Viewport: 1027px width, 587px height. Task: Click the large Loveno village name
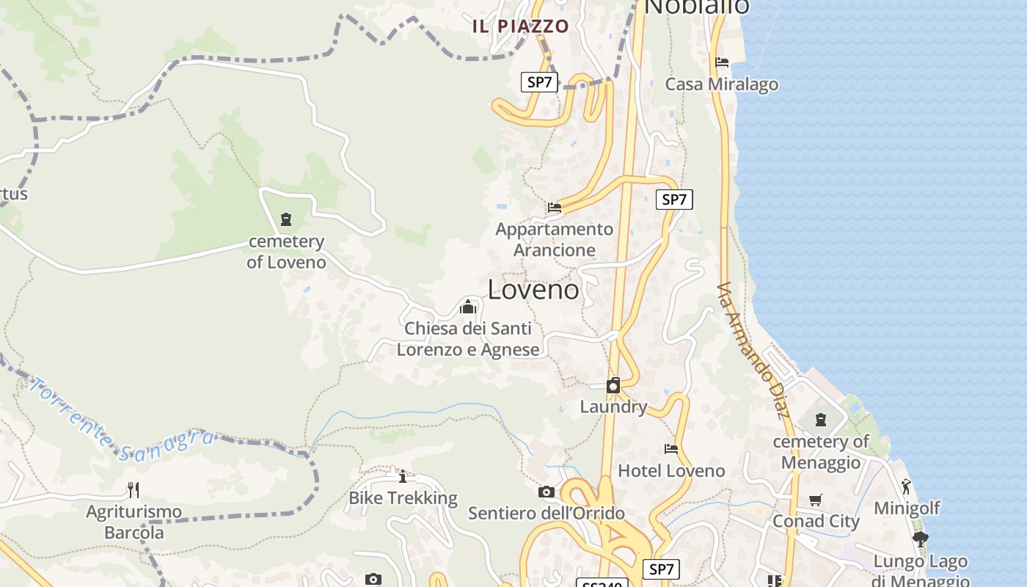pyautogui.click(x=533, y=290)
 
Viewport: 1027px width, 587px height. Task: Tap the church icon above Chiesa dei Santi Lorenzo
pyautogui.click(x=468, y=307)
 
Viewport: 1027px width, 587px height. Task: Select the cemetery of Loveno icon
pyautogui.click(x=285, y=219)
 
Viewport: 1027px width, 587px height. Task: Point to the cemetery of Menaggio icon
pyautogui.click(x=820, y=420)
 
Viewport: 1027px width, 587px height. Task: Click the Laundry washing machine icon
pyautogui.click(x=613, y=385)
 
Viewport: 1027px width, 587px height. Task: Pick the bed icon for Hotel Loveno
pyautogui.click(x=670, y=448)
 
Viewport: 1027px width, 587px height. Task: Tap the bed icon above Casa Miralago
pyautogui.click(x=722, y=62)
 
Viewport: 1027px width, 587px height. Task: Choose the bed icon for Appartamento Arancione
pyautogui.click(x=555, y=208)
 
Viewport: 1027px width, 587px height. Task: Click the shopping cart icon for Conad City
pyautogui.click(x=815, y=500)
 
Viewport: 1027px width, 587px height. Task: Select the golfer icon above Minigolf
pyautogui.click(x=907, y=486)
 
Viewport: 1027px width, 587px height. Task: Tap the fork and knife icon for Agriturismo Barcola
pyautogui.click(x=134, y=489)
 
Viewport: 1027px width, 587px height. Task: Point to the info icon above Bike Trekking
pyautogui.click(x=402, y=476)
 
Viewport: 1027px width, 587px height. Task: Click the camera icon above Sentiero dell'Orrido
pyautogui.click(x=546, y=492)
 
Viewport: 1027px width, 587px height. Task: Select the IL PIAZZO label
pyautogui.click(x=521, y=26)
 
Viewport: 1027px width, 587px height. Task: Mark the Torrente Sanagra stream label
pyautogui.click(x=121, y=422)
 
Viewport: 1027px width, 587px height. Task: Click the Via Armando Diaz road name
pyautogui.click(x=753, y=351)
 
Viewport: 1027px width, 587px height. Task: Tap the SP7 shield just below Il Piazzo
pyautogui.click(x=539, y=82)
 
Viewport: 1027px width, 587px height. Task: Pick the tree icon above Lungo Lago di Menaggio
pyautogui.click(x=920, y=540)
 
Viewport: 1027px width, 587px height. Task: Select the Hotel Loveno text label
pyautogui.click(x=671, y=470)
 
